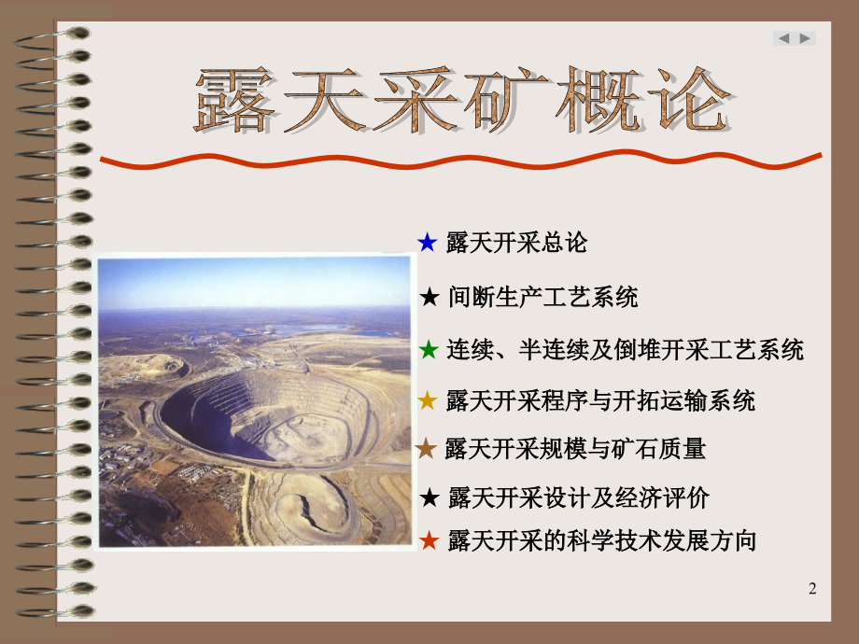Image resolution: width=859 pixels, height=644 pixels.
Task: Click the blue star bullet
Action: point(428,242)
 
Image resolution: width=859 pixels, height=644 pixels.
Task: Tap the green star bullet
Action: point(429,349)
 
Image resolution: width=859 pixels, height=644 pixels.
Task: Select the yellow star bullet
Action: point(428,400)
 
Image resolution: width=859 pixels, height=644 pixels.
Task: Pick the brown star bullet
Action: point(426,449)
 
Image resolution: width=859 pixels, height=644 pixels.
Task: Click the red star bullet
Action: point(429,540)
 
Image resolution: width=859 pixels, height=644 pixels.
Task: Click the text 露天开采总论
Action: point(516,243)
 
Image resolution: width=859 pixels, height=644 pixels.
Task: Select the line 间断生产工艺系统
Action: point(542,298)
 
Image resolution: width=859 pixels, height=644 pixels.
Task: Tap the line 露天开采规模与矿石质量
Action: point(575,449)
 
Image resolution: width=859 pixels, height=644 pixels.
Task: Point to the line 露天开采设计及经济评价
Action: point(579,497)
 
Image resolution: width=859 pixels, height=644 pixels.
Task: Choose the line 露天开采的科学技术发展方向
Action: point(602,541)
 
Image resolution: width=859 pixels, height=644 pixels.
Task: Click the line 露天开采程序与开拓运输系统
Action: point(600,400)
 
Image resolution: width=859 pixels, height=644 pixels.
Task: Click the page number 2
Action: point(812,589)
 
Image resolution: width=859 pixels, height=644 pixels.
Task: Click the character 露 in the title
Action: point(234,100)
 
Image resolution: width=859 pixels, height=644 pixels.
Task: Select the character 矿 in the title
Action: point(510,100)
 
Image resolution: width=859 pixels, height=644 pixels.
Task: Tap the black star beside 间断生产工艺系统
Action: point(429,298)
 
